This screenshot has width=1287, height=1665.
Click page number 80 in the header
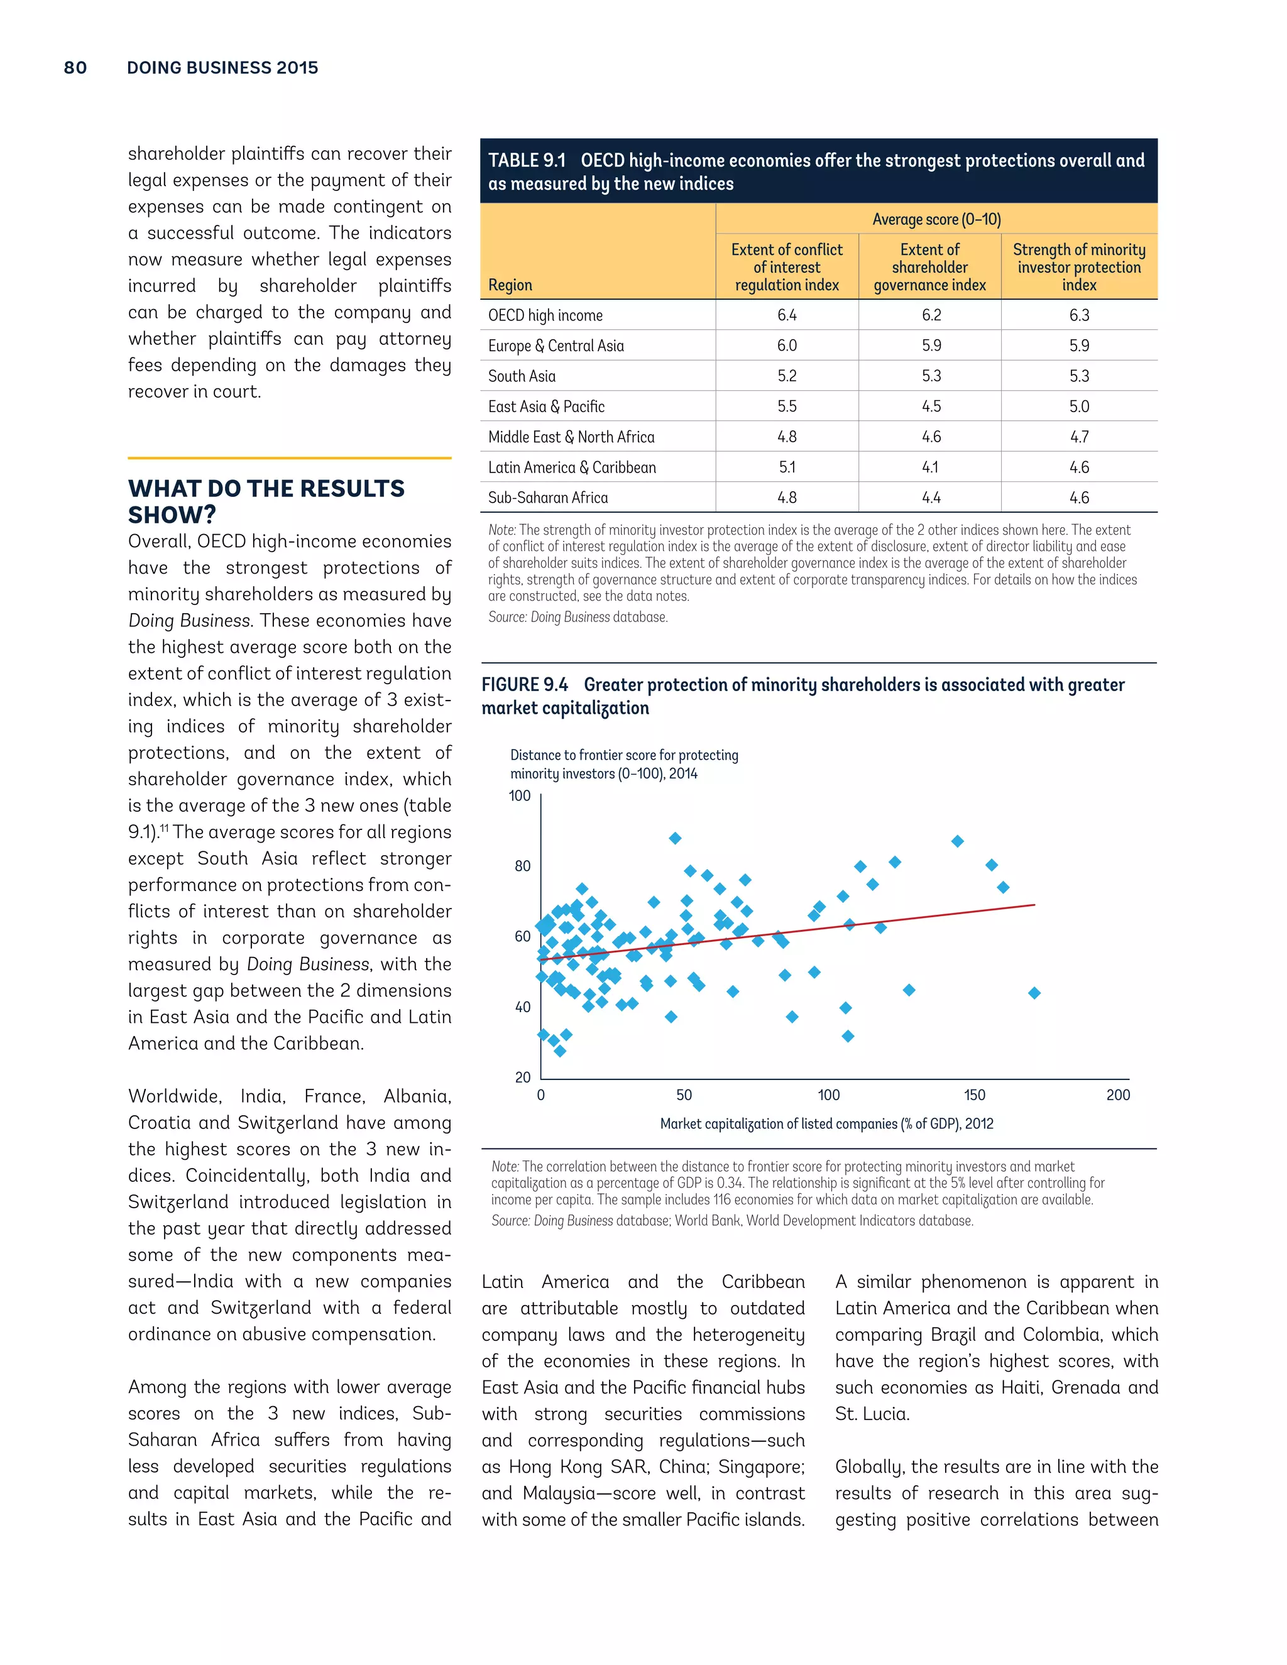point(75,68)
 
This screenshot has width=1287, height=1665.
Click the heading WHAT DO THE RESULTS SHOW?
point(265,501)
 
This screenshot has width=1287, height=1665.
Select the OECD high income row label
point(545,315)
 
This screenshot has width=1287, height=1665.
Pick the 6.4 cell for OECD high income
point(787,315)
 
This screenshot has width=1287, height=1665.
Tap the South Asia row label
point(522,376)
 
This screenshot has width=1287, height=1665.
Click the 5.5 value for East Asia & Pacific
point(787,407)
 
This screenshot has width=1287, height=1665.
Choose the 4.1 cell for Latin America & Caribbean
point(930,467)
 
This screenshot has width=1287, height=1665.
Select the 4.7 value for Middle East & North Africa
point(1079,437)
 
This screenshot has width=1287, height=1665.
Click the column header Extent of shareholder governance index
point(929,268)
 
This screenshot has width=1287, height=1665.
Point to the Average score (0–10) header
point(936,219)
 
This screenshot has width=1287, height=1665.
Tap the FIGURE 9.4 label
point(525,685)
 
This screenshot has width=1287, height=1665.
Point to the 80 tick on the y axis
point(522,866)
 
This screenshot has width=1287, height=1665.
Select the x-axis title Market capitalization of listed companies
point(826,1124)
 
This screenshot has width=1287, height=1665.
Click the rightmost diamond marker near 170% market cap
point(1034,993)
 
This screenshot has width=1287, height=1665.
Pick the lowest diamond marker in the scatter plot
point(560,1051)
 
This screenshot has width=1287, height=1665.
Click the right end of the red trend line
point(1034,905)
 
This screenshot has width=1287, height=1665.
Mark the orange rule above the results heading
point(290,458)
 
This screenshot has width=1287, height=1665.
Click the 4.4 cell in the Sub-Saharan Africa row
point(930,498)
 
